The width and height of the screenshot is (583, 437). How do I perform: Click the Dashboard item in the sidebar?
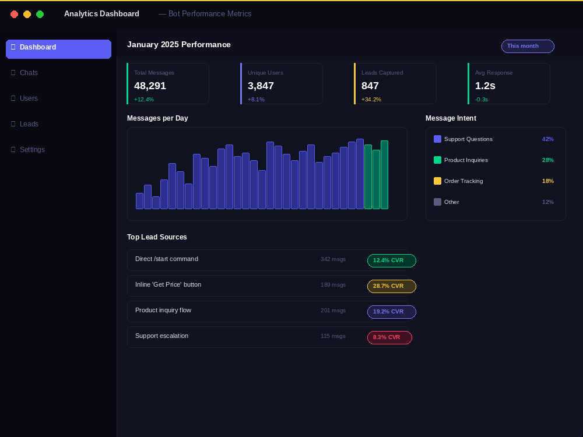(x=58, y=49)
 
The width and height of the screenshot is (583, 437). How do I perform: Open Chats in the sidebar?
(x=29, y=73)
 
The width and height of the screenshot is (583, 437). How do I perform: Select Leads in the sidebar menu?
(x=29, y=124)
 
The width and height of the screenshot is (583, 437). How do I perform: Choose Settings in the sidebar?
(x=32, y=150)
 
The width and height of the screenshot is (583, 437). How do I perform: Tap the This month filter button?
(x=528, y=46)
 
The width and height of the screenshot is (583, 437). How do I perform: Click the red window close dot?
(x=14, y=14)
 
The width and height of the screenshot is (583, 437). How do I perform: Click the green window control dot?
(x=40, y=14)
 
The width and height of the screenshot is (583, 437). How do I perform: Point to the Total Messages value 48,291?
(x=150, y=86)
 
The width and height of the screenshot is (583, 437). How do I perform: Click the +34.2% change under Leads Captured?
(x=371, y=100)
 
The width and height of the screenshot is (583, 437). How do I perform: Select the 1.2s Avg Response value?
(x=485, y=86)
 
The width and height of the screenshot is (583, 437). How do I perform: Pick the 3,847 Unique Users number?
(x=261, y=86)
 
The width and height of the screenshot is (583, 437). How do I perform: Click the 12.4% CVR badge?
(x=392, y=260)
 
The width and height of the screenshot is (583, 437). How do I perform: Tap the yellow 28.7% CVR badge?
(x=392, y=286)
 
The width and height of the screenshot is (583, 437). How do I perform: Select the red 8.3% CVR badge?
(x=389, y=337)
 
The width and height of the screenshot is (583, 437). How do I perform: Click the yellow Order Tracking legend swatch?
(x=437, y=181)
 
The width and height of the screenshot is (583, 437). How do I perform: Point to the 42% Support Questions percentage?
(x=547, y=139)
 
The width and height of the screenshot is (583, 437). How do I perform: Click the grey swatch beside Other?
(x=437, y=202)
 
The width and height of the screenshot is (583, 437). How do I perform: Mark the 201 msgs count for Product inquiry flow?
(x=333, y=311)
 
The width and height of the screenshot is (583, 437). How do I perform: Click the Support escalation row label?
(x=161, y=336)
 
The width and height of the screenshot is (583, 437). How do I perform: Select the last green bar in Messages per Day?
(x=384, y=175)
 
